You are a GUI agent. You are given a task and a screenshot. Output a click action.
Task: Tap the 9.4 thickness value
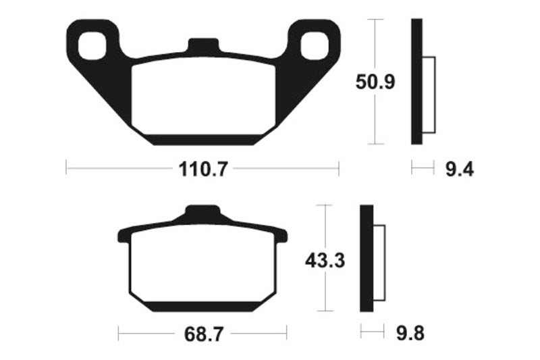point(459,169)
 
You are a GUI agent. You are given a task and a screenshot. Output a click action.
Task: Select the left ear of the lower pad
point(124,236)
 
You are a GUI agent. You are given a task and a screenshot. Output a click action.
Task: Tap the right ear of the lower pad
point(281,236)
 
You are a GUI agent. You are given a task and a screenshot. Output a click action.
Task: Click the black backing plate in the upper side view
point(416,81)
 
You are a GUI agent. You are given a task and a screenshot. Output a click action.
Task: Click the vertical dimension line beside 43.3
point(326,290)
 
